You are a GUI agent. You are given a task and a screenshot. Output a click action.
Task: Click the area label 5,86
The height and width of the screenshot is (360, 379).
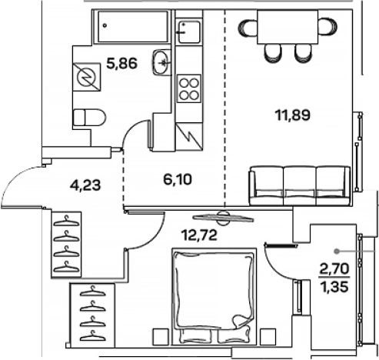(x=122, y=63)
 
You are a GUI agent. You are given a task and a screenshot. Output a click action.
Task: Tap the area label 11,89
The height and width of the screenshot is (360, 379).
(x=293, y=115)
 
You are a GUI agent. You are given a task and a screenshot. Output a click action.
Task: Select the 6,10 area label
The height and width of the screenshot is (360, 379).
(x=178, y=179)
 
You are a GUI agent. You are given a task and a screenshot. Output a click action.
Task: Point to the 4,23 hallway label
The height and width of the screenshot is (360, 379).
(x=85, y=185)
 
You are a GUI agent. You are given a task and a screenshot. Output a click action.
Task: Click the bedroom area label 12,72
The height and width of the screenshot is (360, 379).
(x=199, y=235)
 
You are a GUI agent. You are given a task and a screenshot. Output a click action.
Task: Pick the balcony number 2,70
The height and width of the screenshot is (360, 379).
(x=334, y=269)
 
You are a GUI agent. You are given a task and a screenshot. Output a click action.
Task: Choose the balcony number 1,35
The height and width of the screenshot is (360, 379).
(x=334, y=286)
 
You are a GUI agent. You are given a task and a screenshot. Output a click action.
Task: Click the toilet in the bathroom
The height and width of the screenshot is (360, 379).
(x=89, y=118)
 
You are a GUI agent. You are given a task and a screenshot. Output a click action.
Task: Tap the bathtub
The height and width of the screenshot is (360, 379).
(x=133, y=26)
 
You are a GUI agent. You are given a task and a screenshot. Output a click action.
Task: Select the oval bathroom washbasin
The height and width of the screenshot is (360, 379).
(x=161, y=62)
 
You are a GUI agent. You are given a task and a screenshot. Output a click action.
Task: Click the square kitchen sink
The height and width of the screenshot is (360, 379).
(x=188, y=32)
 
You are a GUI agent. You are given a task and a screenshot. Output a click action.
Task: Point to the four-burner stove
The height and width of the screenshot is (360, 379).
(x=189, y=88)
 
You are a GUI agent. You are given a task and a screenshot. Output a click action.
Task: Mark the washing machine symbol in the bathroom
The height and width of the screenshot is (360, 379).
(x=87, y=77)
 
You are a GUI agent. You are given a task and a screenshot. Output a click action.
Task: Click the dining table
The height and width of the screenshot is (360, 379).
(x=288, y=27)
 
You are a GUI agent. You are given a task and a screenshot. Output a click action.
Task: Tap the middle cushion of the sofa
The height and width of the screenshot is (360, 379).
(x=299, y=186)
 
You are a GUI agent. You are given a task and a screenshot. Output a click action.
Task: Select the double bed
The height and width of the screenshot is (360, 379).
(x=214, y=296)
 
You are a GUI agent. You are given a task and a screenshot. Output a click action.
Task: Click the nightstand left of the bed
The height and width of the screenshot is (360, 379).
(x=161, y=337)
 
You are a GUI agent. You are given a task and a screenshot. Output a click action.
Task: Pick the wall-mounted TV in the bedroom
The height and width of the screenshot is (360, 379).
(x=223, y=218)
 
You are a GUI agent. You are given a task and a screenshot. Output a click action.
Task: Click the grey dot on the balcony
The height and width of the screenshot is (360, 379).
(x=337, y=252)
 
